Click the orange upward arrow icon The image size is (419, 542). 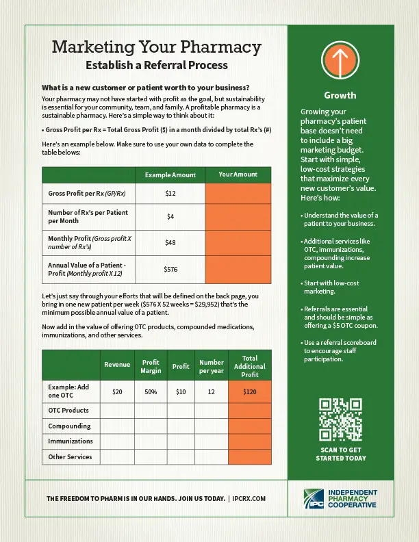pyautogui.click(x=340, y=62)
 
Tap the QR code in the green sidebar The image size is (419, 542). pyautogui.click(x=340, y=420)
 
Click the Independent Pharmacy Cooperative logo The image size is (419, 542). pyautogui.click(x=340, y=499)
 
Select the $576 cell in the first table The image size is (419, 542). pyautogui.click(x=170, y=270)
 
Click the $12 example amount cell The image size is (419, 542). pyautogui.click(x=170, y=194)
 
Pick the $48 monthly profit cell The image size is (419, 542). pyautogui.click(x=170, y=242)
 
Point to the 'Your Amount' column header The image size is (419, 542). pyautogui.click(x=238, y=175)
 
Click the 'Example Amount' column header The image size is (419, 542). pyautogui.click(x=170, y=175)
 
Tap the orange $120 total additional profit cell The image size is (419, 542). pyautogui.click(x=249, y=392)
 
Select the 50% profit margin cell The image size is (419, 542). pyautogui.click(x=151, y=392)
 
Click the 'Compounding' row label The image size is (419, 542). pyautogui.click(x=69, y=426)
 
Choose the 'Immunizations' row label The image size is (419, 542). pyautogui.click(x=71, y=441)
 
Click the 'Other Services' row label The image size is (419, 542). pyautogui.click(x=70, y=456)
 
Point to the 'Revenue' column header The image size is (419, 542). pyautogui.click(x=117, y=365)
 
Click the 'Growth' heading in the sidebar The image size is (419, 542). pyautogui.click(x=340, y=95)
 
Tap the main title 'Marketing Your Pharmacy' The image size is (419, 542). pyautogui.click(x=157, y=47)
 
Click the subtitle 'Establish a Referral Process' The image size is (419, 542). pyautogui.click(x=157, y=66)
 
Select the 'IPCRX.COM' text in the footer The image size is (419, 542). pyautogui.click(x=249, y=499)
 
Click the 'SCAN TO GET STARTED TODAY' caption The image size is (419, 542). pyautogui.click(x=340, y=454)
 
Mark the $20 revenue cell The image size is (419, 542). pyautogui.click(x=117, y=392)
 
